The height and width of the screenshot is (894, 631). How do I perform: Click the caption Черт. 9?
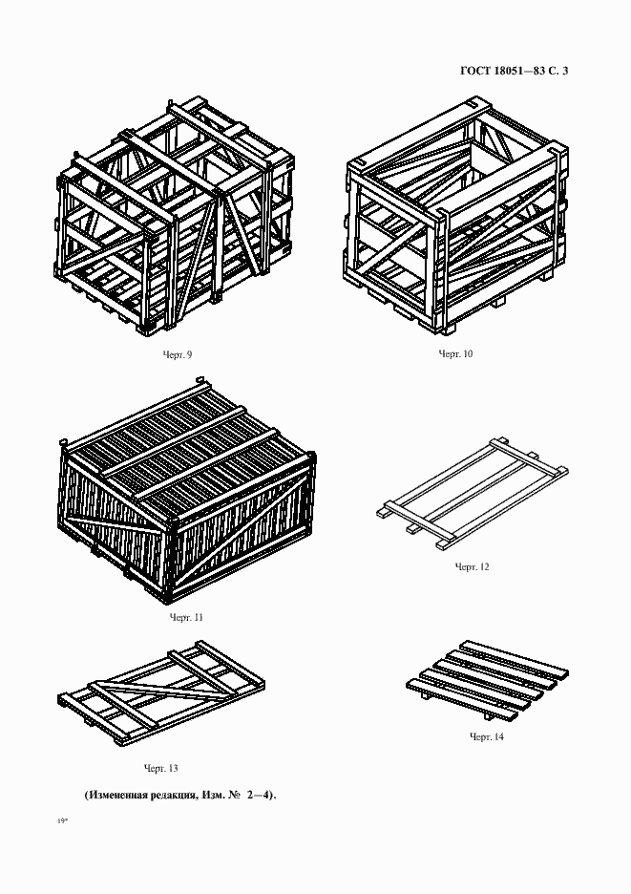[x=178, y=354]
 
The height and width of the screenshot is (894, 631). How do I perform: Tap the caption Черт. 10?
[x=455, y=353]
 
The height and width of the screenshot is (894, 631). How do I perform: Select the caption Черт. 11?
[x=186, y=617]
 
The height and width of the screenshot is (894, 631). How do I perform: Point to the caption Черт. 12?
[x=472, y=566]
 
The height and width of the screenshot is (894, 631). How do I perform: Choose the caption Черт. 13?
[x=160, y=768]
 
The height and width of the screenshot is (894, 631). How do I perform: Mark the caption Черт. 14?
[x=487, y=736]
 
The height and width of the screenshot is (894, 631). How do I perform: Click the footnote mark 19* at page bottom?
[x=62, y=821]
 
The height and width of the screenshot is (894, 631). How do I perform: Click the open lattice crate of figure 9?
[x=176, y=215]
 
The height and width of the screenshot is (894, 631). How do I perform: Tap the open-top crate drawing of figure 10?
[x=456, y=217]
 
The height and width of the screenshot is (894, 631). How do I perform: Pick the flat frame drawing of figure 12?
[x=473, y=494]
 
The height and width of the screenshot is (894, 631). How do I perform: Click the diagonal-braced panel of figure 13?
[x=161, y=692]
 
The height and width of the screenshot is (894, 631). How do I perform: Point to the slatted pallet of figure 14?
[x=488, y=681]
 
